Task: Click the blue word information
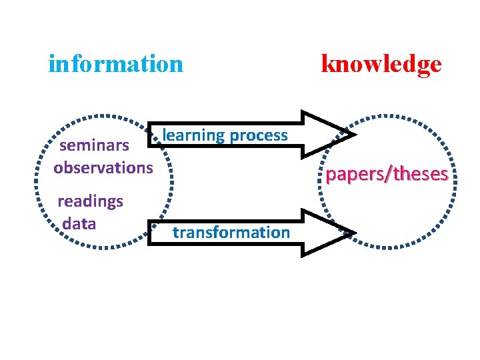pyautogui.click(x=115, y=64)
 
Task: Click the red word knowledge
pyautogui.click(x=381, y=64)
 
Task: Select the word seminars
pyautogui.click(x=94, y=146)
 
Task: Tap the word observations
pyautogui.click(x=103, y=167)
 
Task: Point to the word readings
pyautogui.click(x=90, y=201)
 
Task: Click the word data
pyautogui.click(x=79, y=223)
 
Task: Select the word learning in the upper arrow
pyautogui.click(x=194, y=136)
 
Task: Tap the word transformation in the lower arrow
pyautogui.click(x=231, y=233)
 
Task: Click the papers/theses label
pyautogui.click(x=387, y=175)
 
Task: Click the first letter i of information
pyautogui.click(x=52, y=64)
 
